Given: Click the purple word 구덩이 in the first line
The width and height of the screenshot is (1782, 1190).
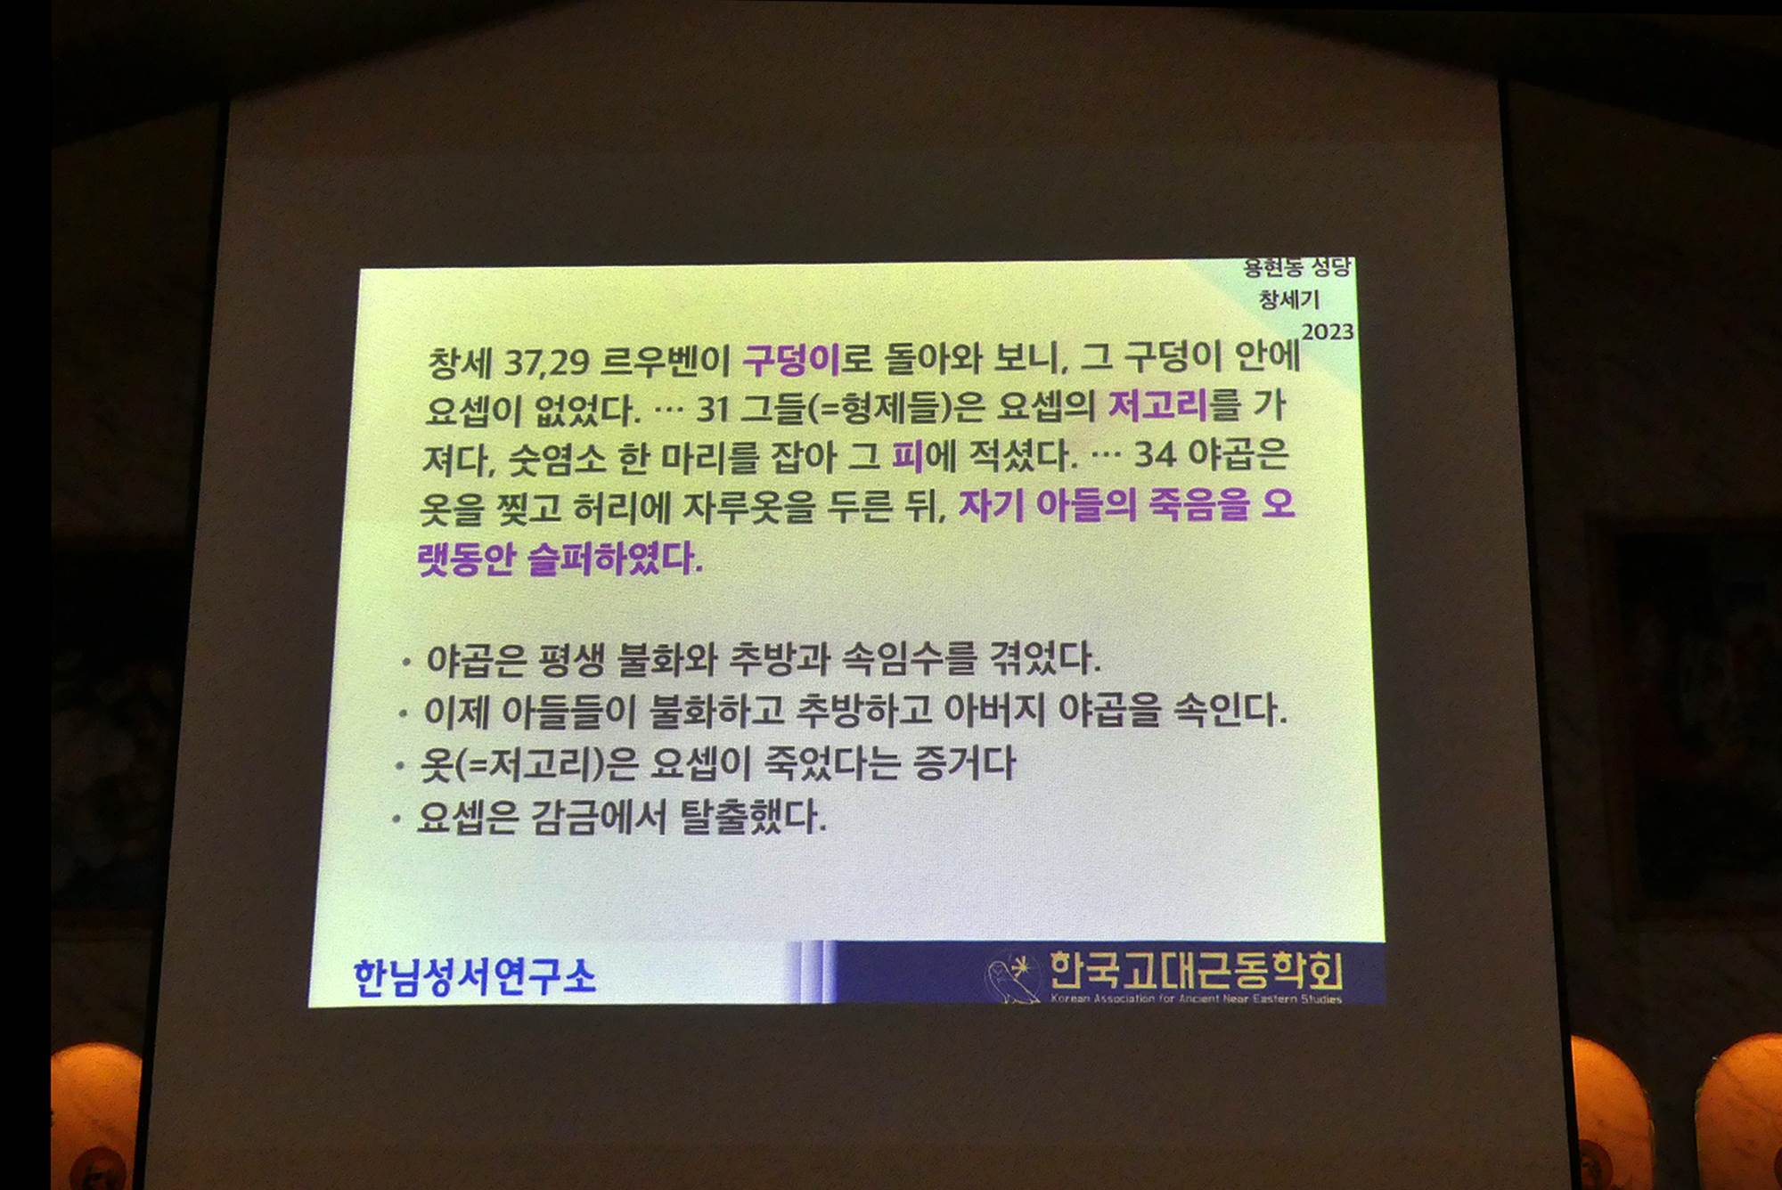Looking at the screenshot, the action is [791, 359].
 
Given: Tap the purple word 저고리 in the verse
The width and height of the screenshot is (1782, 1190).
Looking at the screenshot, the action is [1157, 405].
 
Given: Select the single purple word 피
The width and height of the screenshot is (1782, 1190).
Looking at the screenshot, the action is [907, 456].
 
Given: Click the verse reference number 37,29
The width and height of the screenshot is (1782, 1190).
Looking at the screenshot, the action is [546, 363].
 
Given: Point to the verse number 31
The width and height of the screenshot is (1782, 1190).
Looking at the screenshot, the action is [714, 409].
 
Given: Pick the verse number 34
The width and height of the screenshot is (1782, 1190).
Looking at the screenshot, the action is [1155, 454].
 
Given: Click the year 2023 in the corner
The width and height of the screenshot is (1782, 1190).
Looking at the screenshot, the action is [1328, 332].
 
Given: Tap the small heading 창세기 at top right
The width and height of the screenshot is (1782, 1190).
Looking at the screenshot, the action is [1288, 299].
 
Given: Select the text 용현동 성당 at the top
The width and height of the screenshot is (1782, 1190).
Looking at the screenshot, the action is [1297, 267].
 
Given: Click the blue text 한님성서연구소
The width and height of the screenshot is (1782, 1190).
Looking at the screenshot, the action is [474, 977].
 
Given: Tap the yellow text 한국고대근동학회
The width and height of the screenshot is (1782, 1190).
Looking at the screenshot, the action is [1196, 970].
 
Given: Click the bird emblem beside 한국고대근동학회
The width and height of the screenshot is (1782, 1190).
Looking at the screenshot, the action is [1013, 977].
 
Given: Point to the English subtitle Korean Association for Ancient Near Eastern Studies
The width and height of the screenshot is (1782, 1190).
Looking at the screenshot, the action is [1196, 998].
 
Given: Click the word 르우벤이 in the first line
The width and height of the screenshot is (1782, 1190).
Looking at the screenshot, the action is [665, 361].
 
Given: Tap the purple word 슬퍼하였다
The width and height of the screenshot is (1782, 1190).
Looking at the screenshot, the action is [614, 558].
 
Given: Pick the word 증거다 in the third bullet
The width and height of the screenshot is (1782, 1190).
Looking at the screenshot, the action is [964, 762].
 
